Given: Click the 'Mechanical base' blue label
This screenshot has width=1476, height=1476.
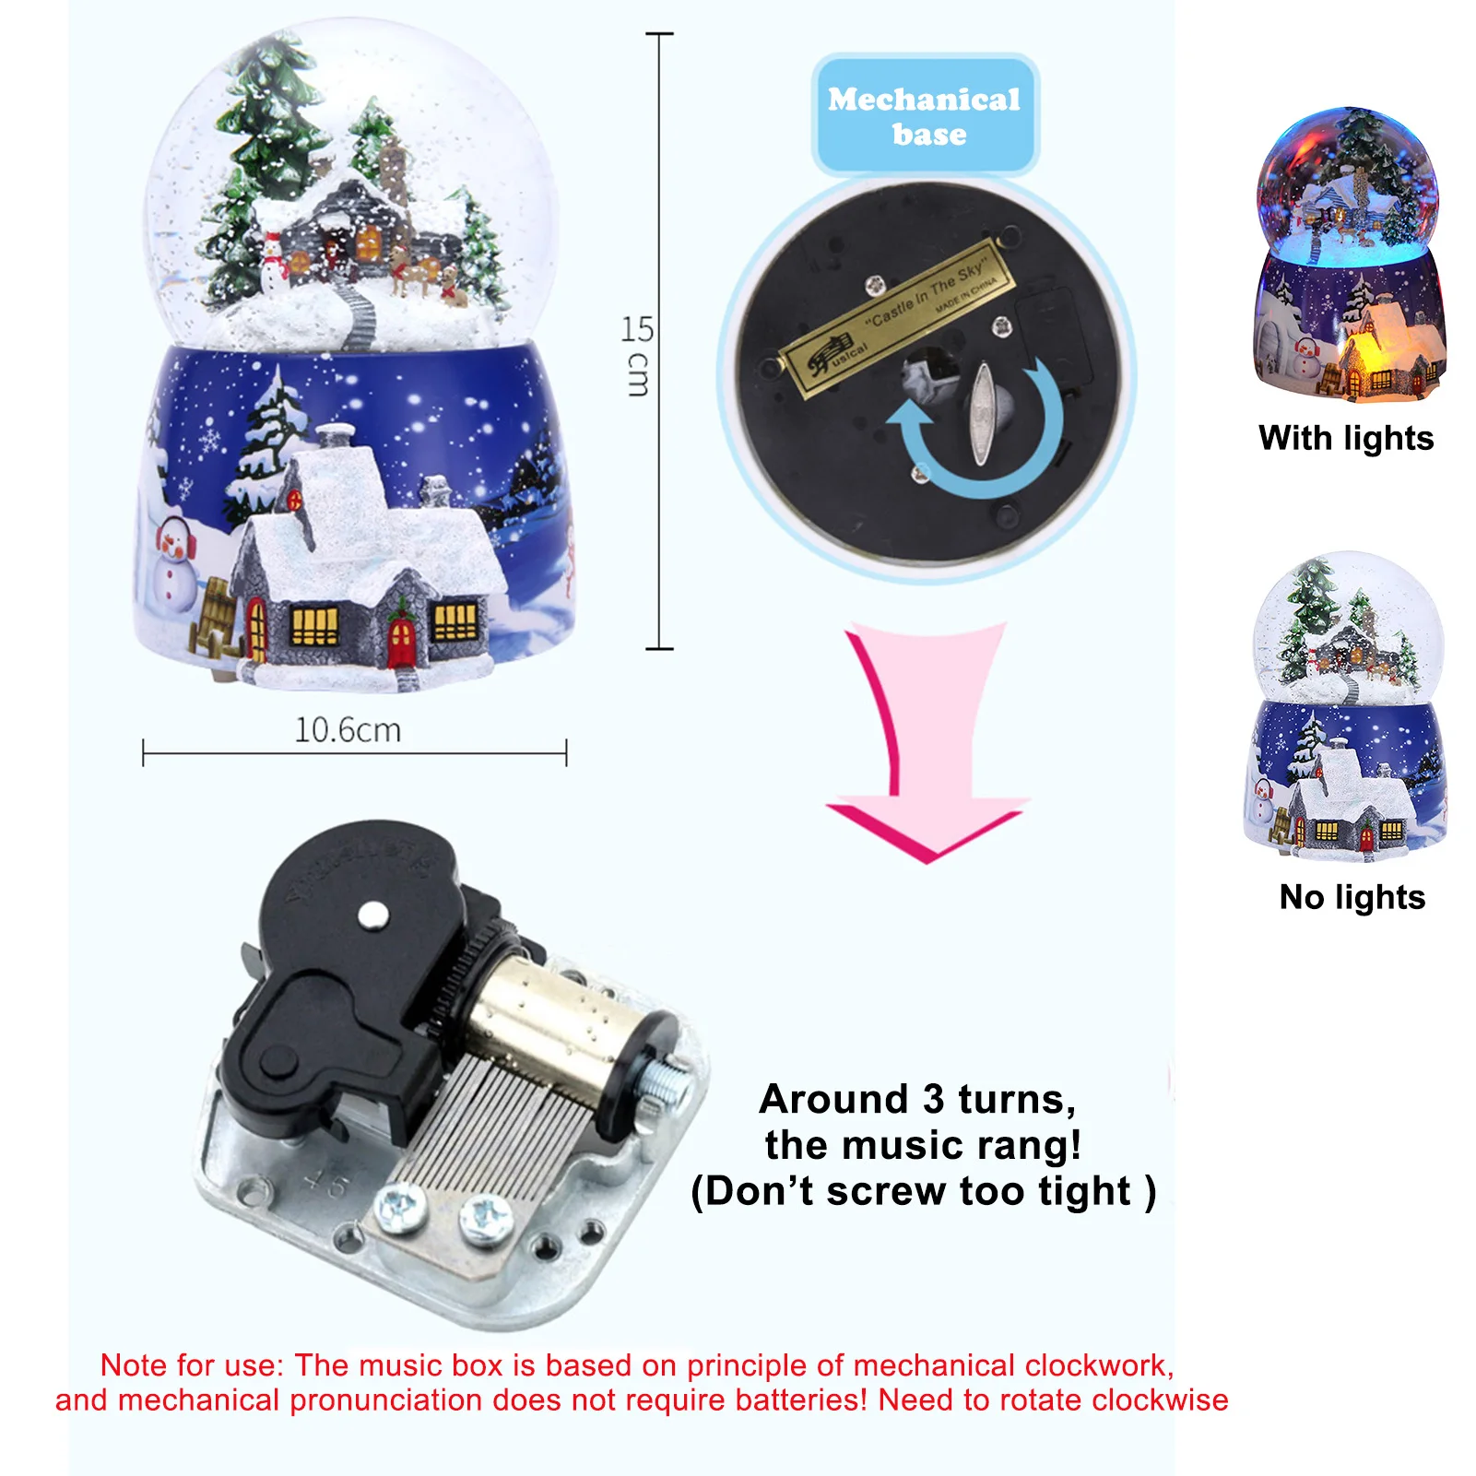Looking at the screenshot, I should [x=925, y=116].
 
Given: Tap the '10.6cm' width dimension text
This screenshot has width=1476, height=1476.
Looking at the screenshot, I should [x=348, y=730].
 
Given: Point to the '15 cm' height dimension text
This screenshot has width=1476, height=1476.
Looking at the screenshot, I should [x=637, y=355].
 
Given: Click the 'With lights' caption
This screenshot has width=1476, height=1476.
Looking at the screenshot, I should [x=1345, y=438].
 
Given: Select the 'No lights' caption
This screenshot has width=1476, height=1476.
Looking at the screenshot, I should [x=1352, y=897].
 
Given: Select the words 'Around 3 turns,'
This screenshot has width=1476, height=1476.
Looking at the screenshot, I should [x=917, y=1099].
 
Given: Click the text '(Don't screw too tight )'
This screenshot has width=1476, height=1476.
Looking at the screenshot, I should [x=923, y=1191].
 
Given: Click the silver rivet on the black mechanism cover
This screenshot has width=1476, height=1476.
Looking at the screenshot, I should [x=372, y=914].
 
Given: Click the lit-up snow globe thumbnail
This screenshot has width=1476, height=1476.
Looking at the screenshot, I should [x=1348, y=254].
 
